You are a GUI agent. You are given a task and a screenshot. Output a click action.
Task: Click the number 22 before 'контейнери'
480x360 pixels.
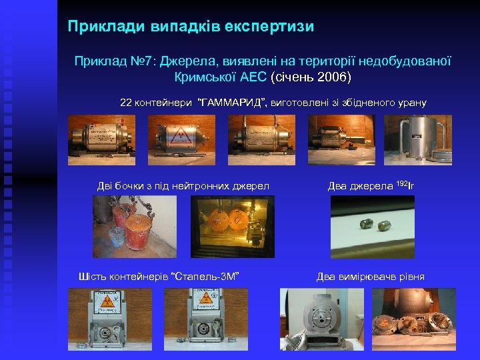pos(125,103)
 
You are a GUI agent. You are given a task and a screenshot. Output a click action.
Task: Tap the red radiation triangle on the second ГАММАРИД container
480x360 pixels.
pos(177,137)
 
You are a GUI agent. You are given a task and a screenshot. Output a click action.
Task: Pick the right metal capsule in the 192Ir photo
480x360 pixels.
pos(385,227)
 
